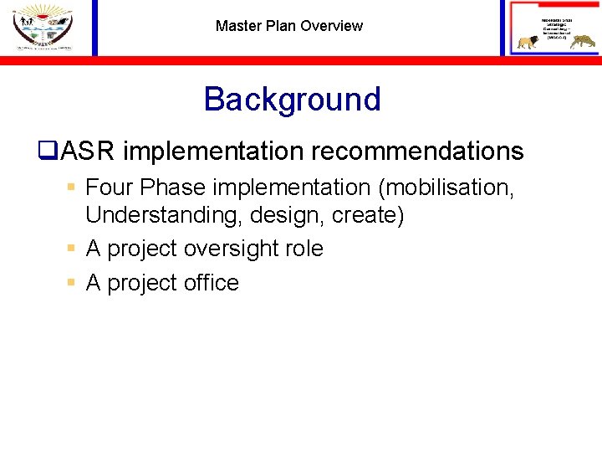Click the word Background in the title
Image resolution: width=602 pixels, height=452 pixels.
tap(292, 99)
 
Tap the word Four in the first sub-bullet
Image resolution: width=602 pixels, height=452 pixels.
tap(110, 187)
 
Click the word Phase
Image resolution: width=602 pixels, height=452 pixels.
tap(171, 187)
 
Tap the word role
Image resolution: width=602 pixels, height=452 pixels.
tap(304, 249)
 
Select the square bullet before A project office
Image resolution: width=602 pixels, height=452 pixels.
tap(72, 283)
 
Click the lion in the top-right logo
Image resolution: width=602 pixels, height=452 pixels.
tap(528, 43)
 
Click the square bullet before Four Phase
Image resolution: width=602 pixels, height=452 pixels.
tap(72, 187)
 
